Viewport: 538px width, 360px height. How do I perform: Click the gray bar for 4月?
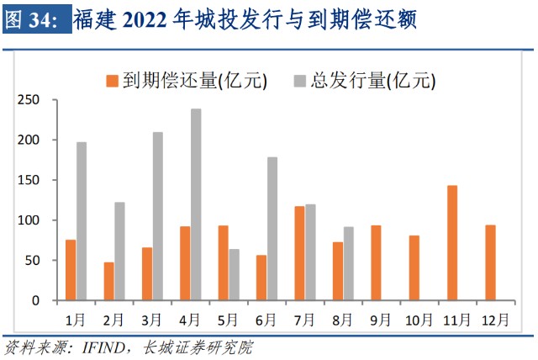(x=196, y=204)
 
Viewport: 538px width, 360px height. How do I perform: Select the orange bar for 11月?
(x=452, y=242)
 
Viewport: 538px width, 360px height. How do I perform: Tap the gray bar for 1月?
(x=82, y=221)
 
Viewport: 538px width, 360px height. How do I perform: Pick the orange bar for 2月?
(x=108, y=281)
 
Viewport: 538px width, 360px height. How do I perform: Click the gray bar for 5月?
(x=234, y=274)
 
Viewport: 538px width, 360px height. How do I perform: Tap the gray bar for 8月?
(x=348, y=263)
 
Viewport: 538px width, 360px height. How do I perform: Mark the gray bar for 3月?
(x=158, y=216)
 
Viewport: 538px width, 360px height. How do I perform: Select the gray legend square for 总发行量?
(x=298, y=81)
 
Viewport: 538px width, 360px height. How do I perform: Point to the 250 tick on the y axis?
(x=29, y=100)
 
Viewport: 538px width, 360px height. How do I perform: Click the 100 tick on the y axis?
(x=29, y=220)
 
